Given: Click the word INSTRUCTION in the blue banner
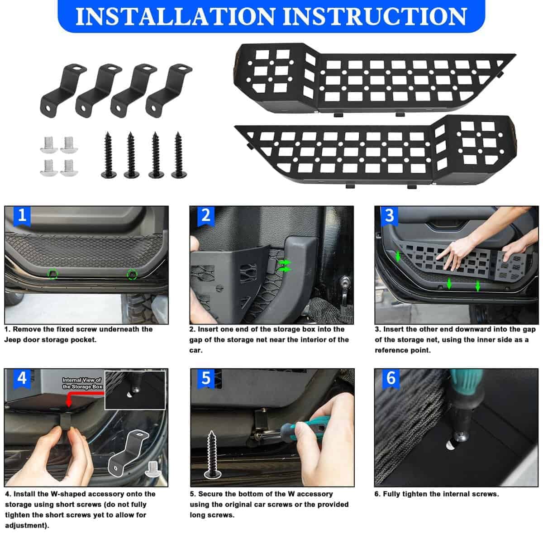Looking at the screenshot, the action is pyautogui.click(x=375, y=16).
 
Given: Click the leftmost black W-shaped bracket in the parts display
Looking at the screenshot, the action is pyautogui.click(x=62, y=91).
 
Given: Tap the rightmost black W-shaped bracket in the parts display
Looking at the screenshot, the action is pyautogui.click(x=168, y=91).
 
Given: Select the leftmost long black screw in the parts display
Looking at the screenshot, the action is pyautogui.click(x=109, y=155).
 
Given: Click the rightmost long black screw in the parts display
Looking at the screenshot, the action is pyautogui.click(x=178, y=155).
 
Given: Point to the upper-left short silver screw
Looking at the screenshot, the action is pyautogui.click(x=49, y=145).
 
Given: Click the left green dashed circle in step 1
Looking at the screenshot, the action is pyautogui.click(x=52, y=274).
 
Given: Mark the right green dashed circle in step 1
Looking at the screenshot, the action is pyautogui.click(x=132, y=274).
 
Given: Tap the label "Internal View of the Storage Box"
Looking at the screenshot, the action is pyautogui.click(x=82, y=384).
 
